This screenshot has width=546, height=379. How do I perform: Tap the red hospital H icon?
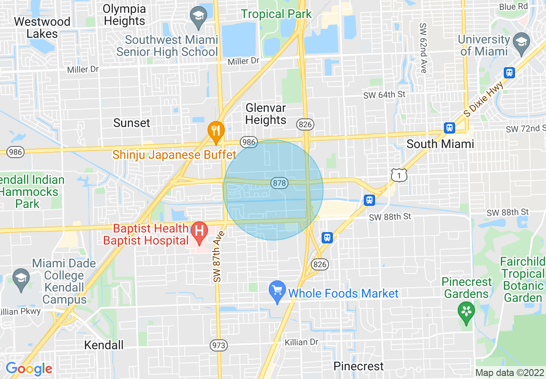(x=199, y=230)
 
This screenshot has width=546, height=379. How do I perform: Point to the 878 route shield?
(x=279, y=183)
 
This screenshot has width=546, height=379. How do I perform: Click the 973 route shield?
(x=219, y=345)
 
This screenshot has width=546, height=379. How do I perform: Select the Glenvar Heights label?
(x=266, y=114)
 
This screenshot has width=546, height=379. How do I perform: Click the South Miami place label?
(x=440, y=144)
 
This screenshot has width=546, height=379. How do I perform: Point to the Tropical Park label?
(x=276, y=14)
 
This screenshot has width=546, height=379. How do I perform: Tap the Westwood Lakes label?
(x=42, y=28)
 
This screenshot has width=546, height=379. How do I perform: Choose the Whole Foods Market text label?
(x=343, y=294)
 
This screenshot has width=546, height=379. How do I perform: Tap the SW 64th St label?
(x=385, y=95)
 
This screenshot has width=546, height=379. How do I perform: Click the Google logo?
(x=29, y=369)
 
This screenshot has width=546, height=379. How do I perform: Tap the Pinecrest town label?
(x=359, y=366)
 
